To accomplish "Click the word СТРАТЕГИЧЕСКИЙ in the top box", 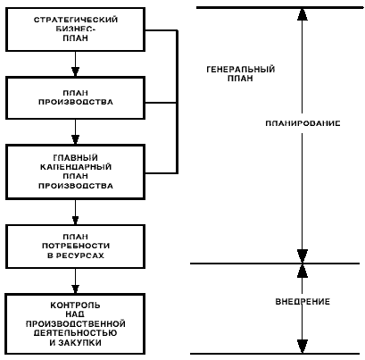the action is point(76,20).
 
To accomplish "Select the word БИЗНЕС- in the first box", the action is point(76,29).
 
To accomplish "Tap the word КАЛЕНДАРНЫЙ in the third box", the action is point(76,167).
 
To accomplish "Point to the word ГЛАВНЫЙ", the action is point(76,157).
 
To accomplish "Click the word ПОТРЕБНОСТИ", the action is point(76,246).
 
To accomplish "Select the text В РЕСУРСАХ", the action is point(76,255).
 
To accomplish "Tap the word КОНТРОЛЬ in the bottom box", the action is point(75,306).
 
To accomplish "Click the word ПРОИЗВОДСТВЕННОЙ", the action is point(76,323).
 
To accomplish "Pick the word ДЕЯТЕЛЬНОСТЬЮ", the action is point(75,333).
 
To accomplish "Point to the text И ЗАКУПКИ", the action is point(75,342).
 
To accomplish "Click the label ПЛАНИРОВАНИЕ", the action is point(303,123).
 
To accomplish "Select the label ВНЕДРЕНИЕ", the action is point(303,302).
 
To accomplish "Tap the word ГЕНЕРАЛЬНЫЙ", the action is point(240,70).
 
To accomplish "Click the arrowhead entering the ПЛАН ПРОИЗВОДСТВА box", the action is point(75,71).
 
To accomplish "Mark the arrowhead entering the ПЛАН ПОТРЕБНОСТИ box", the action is point(75,221).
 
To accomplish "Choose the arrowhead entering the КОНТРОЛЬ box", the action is point(75,289).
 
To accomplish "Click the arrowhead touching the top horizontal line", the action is point(303,13).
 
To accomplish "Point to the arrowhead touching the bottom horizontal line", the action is point(303,347).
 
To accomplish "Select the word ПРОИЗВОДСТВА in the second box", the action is point(76,102).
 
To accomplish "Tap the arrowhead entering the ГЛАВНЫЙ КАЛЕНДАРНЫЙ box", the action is point(75,140).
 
